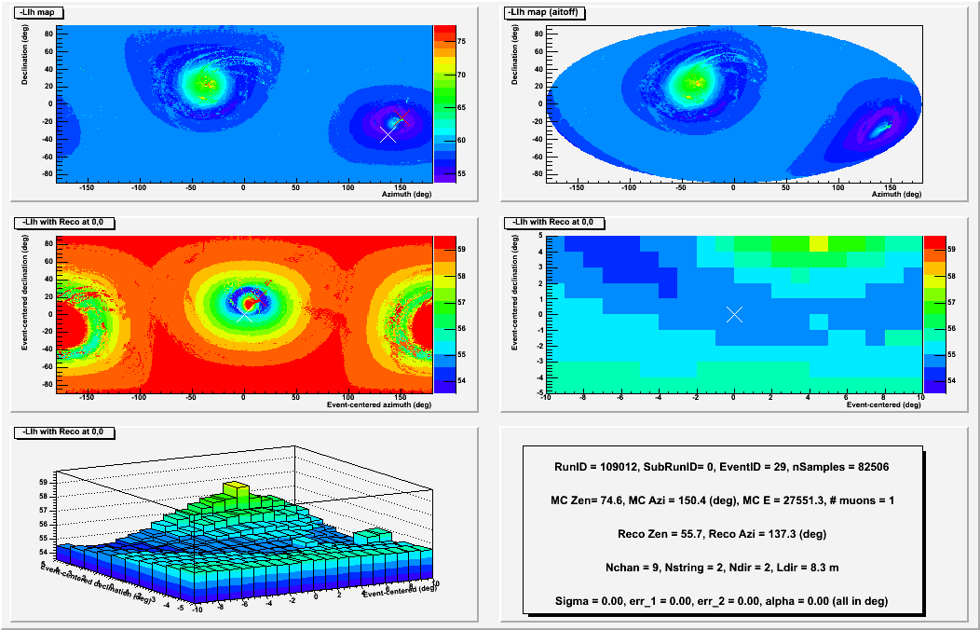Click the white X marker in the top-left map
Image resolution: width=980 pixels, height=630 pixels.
[388, 134]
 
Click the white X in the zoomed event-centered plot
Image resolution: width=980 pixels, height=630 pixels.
[734, 314]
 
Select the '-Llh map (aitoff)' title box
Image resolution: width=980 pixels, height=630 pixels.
[546, 13]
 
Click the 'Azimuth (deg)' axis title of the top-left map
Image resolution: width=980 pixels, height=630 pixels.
[405, 195]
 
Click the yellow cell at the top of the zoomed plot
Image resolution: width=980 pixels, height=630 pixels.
[819, 243]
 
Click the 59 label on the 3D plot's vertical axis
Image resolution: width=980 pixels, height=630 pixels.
[42, 482]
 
